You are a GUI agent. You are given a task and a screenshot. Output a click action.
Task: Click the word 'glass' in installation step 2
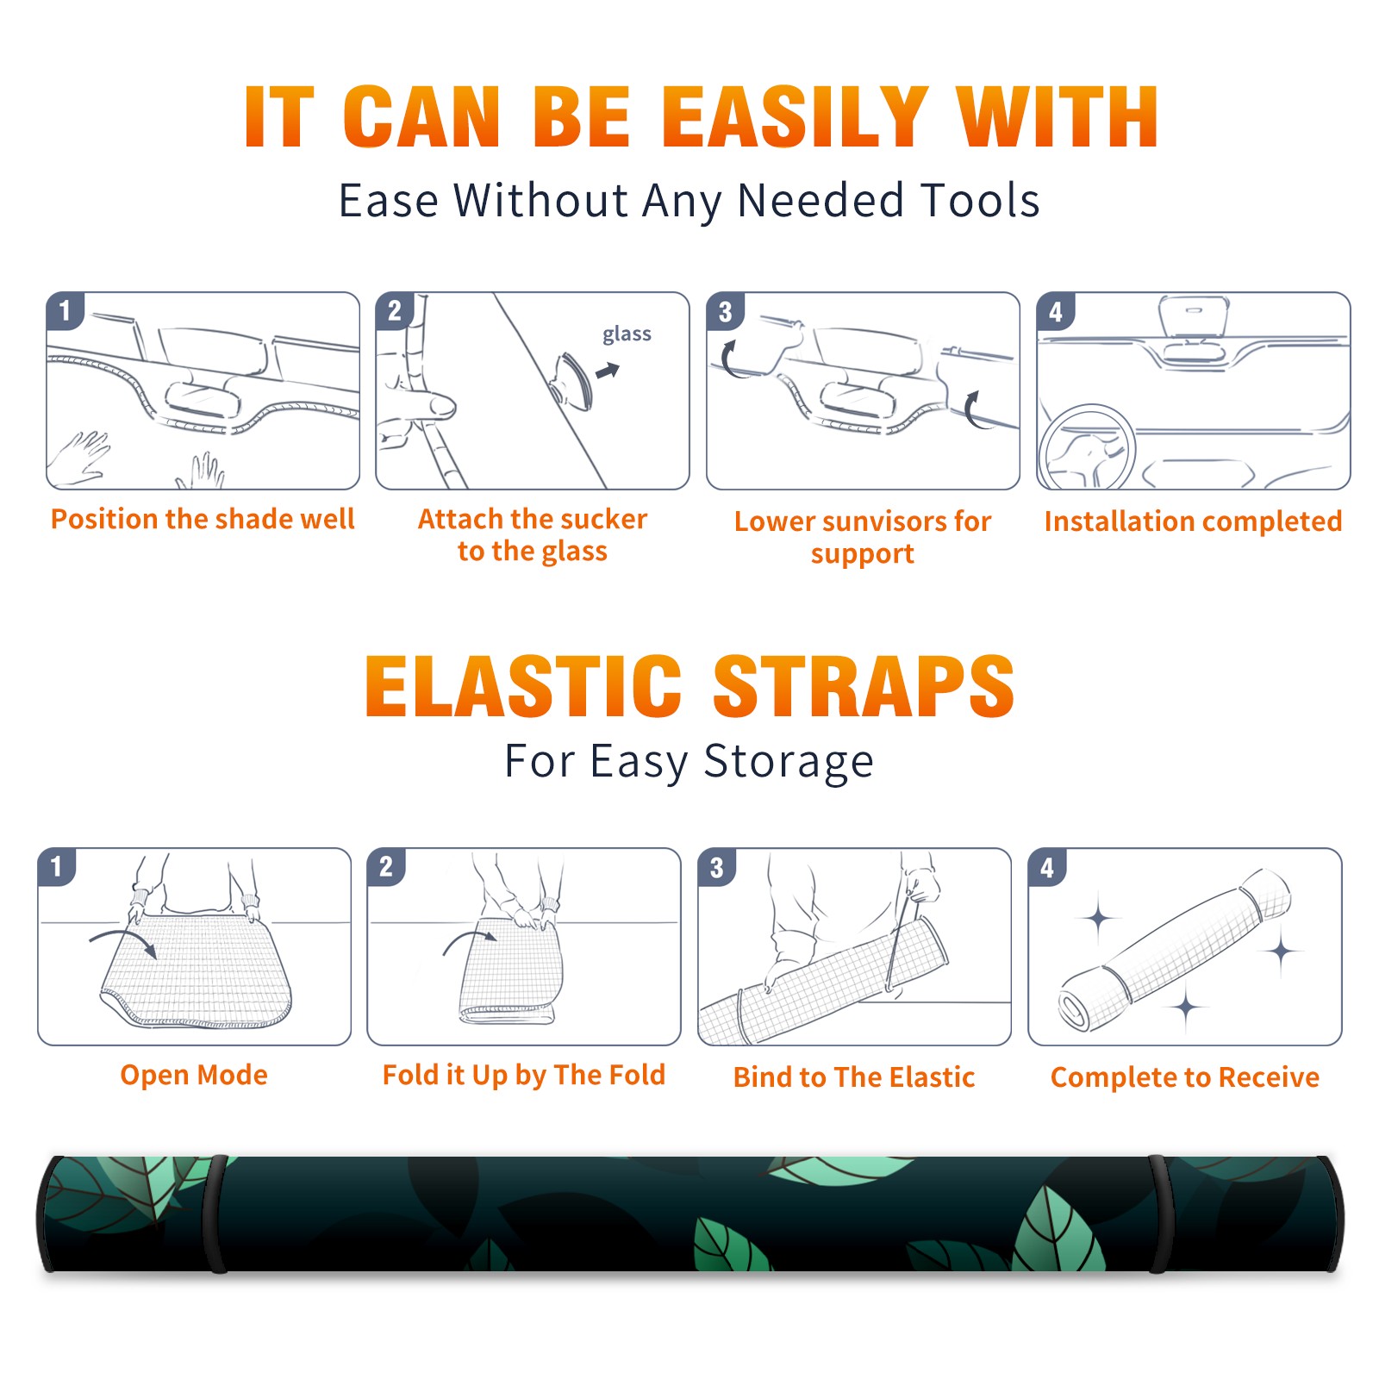[627, 334]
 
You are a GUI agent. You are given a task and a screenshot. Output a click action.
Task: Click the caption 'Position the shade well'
[203, 519]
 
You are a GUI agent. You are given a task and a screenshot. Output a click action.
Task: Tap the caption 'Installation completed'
[1193, 521]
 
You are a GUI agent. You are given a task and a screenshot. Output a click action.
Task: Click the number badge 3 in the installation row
[726, 312]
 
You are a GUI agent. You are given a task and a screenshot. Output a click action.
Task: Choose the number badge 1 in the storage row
[57, 867]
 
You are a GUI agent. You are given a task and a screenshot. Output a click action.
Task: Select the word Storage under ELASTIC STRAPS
[789, 762]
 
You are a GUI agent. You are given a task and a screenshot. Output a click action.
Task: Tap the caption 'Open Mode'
[194, 1075]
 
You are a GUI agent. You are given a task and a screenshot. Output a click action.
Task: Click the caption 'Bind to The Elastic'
[854, 1077]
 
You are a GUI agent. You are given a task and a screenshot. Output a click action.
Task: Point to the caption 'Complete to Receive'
[1185, 1077]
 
